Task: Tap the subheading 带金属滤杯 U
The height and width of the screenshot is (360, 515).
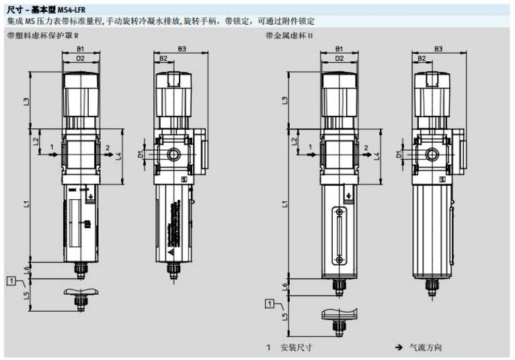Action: (289, 34)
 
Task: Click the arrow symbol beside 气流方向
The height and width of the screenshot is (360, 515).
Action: (399, 348)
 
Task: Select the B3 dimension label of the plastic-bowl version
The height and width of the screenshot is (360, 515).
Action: (181, 49)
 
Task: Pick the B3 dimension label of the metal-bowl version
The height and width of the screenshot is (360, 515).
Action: (438, 49)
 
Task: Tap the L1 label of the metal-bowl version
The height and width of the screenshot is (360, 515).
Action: (285, 202)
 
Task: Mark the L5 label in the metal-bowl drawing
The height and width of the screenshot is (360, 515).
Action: (285, 315)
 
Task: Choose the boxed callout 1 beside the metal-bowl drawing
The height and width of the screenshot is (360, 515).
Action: (270, 304)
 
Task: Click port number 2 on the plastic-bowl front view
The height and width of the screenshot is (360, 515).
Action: (108, 147)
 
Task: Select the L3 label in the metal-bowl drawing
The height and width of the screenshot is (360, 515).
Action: (285, 101)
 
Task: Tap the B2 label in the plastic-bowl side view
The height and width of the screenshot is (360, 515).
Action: (163, 59)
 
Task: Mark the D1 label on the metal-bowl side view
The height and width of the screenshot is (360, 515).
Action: (399, 155)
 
